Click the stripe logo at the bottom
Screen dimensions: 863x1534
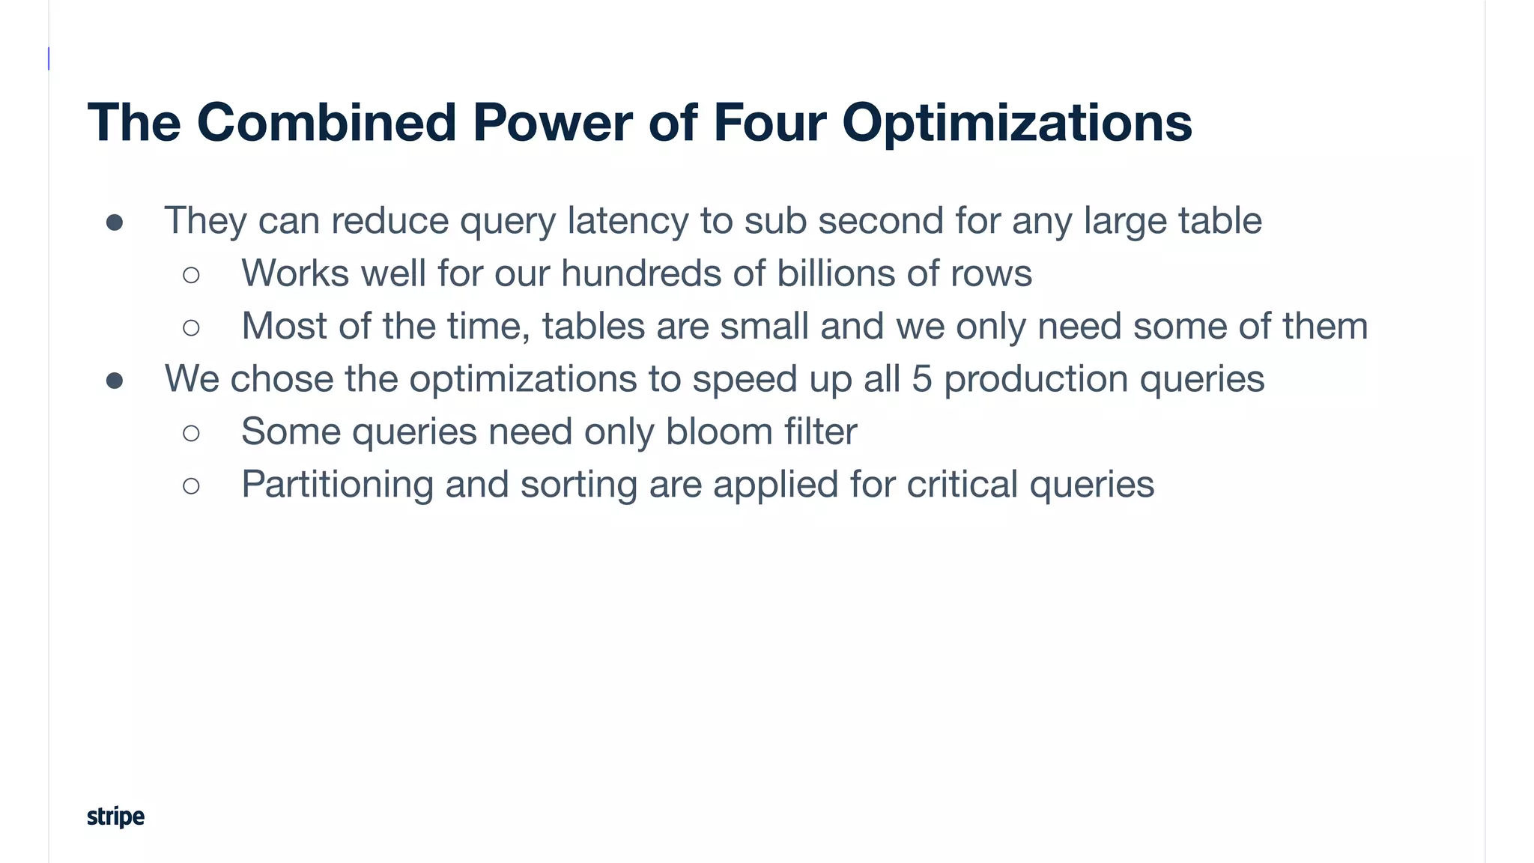115,816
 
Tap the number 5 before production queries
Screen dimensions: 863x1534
921,379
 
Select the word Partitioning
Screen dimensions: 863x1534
337,485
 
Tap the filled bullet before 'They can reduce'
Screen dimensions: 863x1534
115,222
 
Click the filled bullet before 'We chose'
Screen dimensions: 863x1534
115,381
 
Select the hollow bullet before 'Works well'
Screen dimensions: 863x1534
191,275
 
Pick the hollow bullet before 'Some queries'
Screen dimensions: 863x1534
191,433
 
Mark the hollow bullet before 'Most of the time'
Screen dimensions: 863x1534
191,327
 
